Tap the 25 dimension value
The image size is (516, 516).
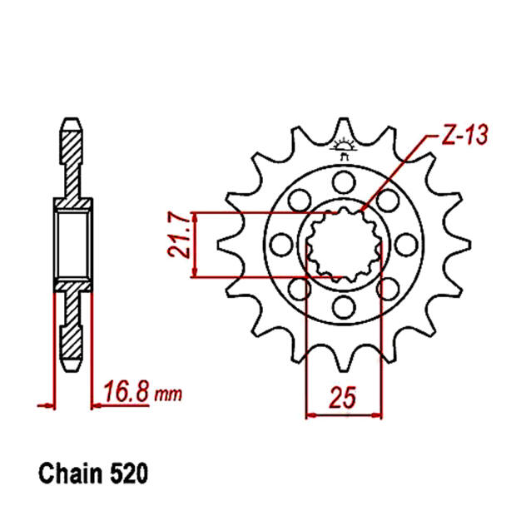pyautogui.click(x=343, y=398)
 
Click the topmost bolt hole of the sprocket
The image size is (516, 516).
pyautogui.click(x=341, y=181)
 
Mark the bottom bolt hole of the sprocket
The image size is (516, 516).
pyautogui.click(x=341, y=309)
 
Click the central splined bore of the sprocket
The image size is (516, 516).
pyautogui.click(x=343, y=245)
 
